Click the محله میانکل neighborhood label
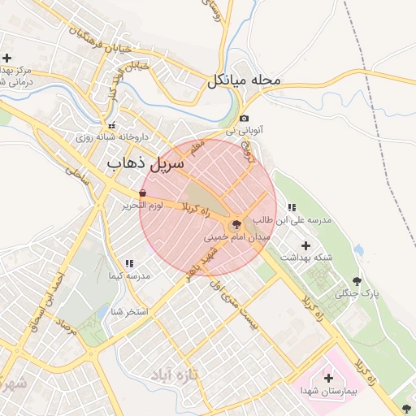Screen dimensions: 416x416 tap(244, 80)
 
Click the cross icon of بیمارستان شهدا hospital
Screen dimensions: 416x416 tap(328, 378)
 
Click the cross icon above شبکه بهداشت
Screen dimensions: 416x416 tap(305, 245)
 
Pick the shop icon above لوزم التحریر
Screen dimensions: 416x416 tap(143, 193)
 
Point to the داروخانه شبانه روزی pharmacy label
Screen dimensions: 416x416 tap(110, 137)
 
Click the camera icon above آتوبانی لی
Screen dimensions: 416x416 tap(244, 119)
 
